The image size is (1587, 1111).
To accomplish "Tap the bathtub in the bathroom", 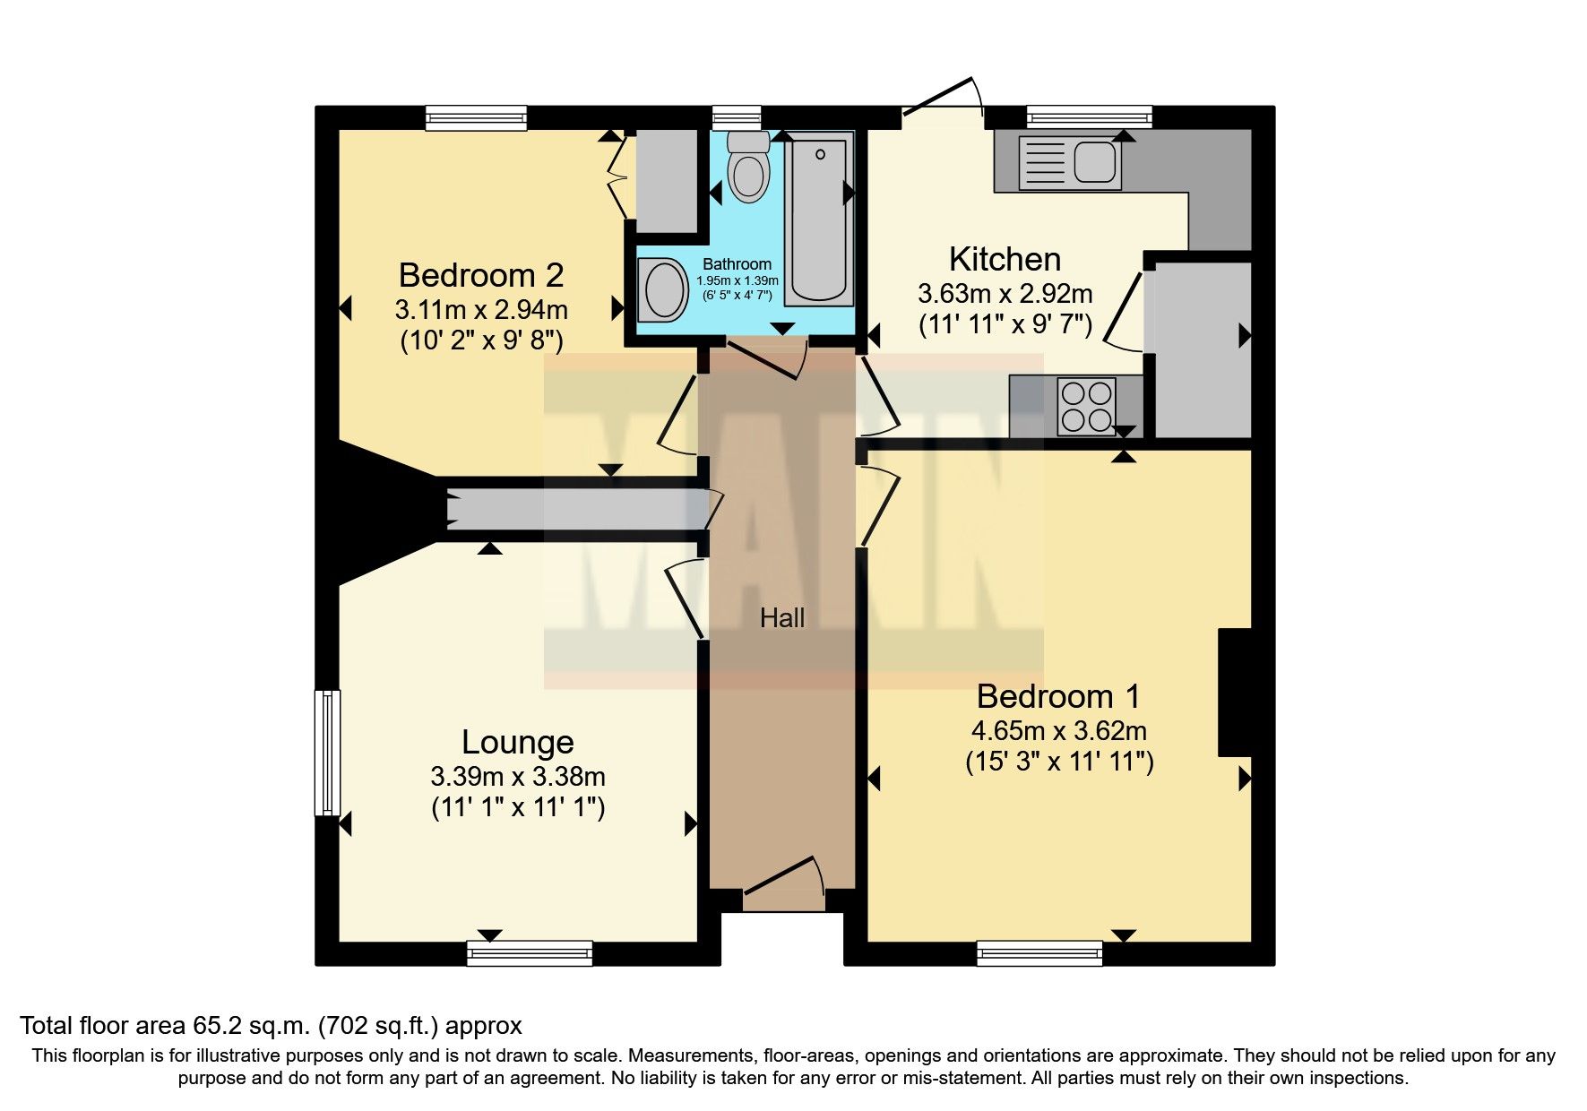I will coord(819,220).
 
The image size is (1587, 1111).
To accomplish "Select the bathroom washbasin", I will coord(664,289).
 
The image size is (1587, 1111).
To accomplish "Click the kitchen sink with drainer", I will coord(1071,163).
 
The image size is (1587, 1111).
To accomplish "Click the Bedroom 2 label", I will coord(481,275).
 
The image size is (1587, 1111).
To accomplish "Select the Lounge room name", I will coord(517,742).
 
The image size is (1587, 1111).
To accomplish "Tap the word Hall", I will coord(782,617).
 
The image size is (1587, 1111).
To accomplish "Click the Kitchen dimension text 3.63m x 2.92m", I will coord(1005,293).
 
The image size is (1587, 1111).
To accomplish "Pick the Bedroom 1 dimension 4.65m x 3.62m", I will coord(1058,730).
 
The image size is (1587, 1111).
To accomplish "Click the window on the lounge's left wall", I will coord(327,752).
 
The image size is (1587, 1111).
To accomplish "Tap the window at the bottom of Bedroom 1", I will coord(1039,952).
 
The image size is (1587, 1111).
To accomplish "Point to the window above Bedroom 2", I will coord(476,117).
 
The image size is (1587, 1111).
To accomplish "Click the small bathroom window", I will coord(737,117).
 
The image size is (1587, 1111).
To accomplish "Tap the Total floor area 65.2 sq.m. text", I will coord(271,1025).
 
